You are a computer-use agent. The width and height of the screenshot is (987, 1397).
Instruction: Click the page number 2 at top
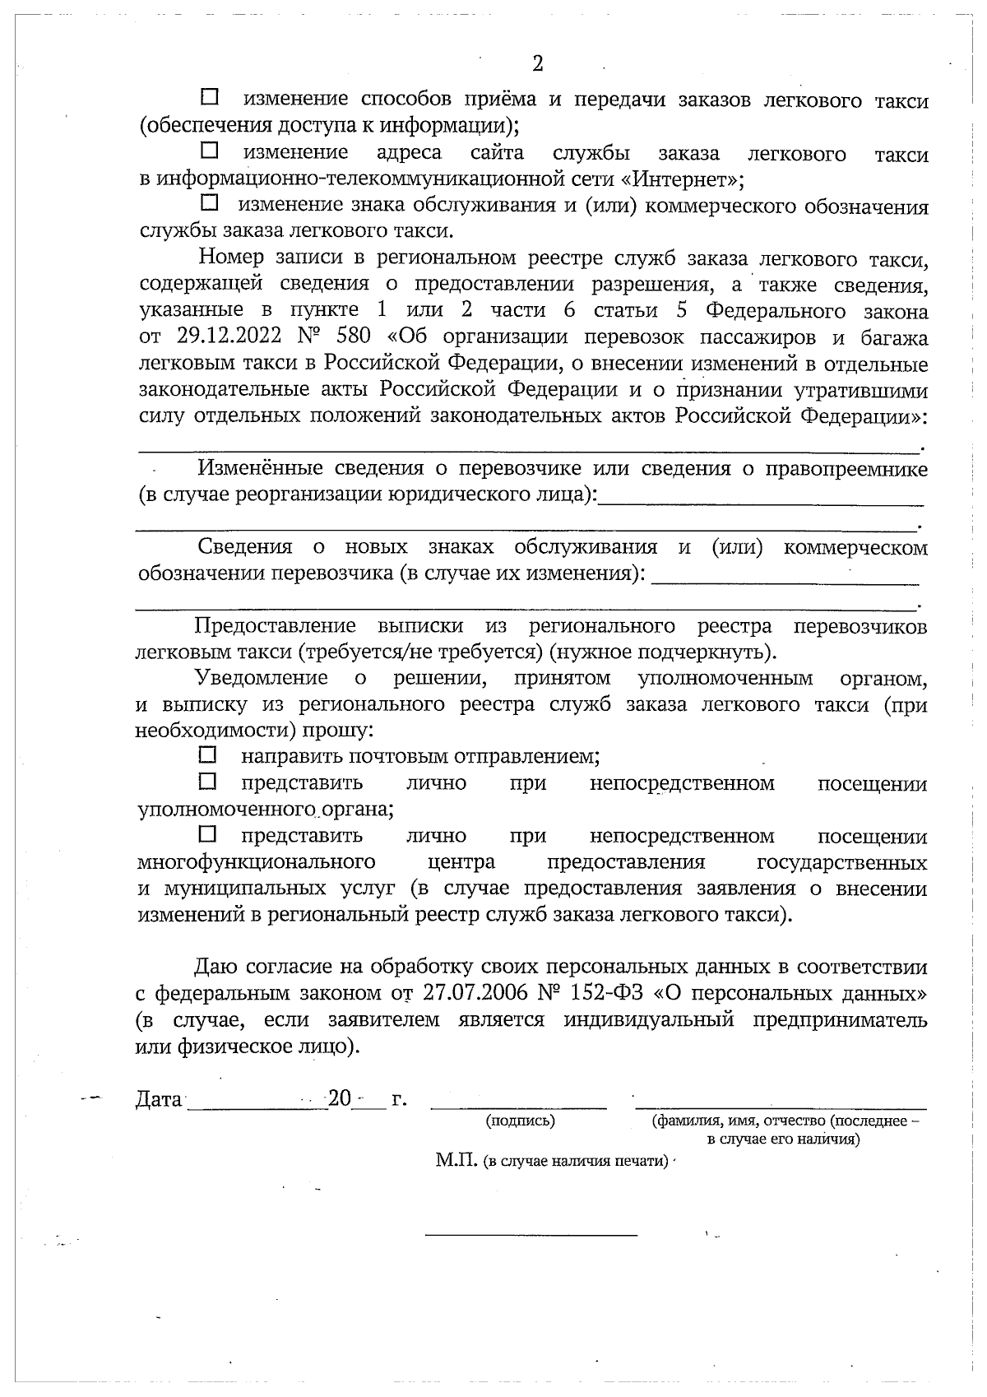tap(538, 64)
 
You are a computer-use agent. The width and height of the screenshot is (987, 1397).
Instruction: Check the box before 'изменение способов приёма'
tap(210, 98)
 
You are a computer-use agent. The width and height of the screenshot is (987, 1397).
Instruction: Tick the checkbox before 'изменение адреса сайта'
tap(210, 151)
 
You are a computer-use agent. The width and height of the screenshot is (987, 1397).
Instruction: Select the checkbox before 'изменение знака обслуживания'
tap(210, 202)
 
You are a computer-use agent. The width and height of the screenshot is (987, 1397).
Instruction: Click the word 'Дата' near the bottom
tap(158, 1099)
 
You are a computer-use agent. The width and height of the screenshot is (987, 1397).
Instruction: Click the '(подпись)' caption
tap(520, 1121)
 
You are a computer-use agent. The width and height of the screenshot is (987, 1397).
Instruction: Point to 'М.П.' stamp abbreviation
tap(457, 1160)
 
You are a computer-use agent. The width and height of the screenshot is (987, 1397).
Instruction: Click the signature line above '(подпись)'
tap(520, 1107)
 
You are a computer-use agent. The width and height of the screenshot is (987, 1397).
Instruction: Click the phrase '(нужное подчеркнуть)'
tap(663, 653)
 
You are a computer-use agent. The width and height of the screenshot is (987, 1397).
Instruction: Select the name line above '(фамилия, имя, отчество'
tap(781, 1107)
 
